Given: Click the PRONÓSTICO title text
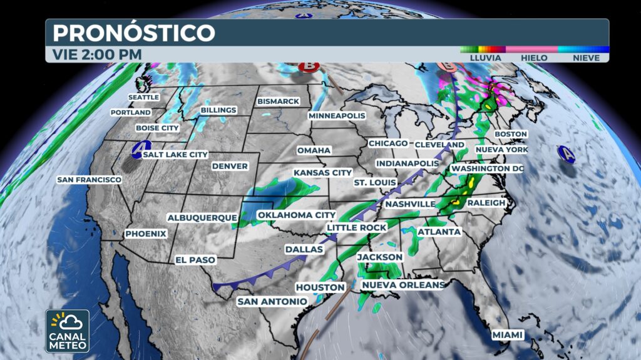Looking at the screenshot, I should (133, 32).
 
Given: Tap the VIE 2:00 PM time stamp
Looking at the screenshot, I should (97, 54).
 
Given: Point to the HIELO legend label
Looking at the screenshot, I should (534, 58).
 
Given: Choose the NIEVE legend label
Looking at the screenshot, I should (585, 58).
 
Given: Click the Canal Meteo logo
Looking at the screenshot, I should (67, 331).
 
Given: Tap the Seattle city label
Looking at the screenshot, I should (143, 97).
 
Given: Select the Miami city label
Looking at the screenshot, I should (507, 335).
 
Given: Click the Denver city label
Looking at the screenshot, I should (230, 166).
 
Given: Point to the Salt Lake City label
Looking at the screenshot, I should (175, 154).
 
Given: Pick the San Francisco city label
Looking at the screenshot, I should (89, 180).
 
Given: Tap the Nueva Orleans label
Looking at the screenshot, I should (403, 285).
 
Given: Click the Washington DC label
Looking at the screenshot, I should (487, 168).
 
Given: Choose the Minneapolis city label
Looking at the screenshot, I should (336, 116).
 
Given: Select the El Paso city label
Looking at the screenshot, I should (195, 259).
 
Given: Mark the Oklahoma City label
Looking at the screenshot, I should (292, 215).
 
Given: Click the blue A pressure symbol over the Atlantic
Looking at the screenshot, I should (567, 153).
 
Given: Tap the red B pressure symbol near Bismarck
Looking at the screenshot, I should (308, 66).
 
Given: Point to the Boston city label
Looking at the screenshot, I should (511, 134).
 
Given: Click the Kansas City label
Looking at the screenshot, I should (322, 172).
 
